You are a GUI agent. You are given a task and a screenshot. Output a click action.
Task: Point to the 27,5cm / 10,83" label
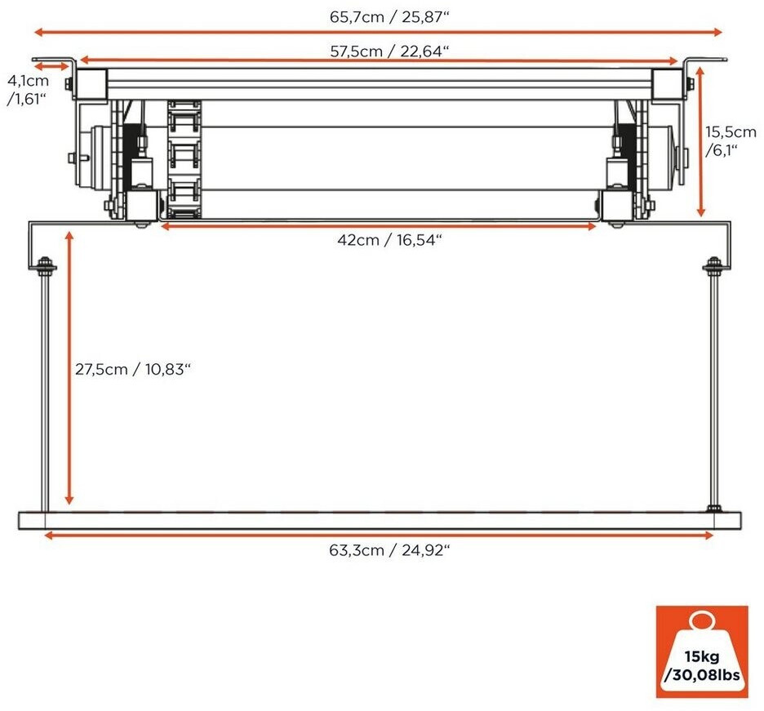pyautogui.click(x=133, y=369)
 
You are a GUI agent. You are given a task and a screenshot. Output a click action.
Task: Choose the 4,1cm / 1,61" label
pyautogui.click(x=28, y=91)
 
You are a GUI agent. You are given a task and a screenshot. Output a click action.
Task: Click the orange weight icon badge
pyautogui.click(x=701, y=651)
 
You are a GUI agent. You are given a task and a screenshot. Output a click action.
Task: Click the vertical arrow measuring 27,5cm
pyautogui.click(x=70, y=367)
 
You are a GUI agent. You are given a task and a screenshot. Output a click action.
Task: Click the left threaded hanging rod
pyautogui.click(x=42, y=392)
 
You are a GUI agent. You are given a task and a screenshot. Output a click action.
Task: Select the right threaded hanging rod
pyautogui.click(x=714, y=392)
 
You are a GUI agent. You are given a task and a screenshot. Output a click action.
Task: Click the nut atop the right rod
pyautogui.click(x=713, y=265)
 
